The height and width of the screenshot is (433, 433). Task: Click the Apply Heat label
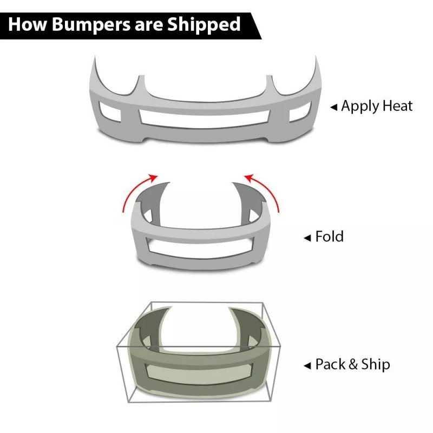point(377,106)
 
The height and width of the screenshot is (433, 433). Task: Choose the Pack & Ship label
point(352,365)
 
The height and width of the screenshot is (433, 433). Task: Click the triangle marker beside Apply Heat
point(334,107)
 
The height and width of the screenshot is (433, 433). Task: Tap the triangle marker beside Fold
point(307,238)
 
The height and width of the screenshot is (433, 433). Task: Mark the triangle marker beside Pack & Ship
point(307,365)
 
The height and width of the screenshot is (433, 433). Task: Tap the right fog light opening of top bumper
point(299,114)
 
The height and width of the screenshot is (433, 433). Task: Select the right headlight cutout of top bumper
point(278,87)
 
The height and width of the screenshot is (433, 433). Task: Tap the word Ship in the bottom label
point(376,365)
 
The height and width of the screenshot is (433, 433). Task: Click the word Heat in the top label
point(398,106)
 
